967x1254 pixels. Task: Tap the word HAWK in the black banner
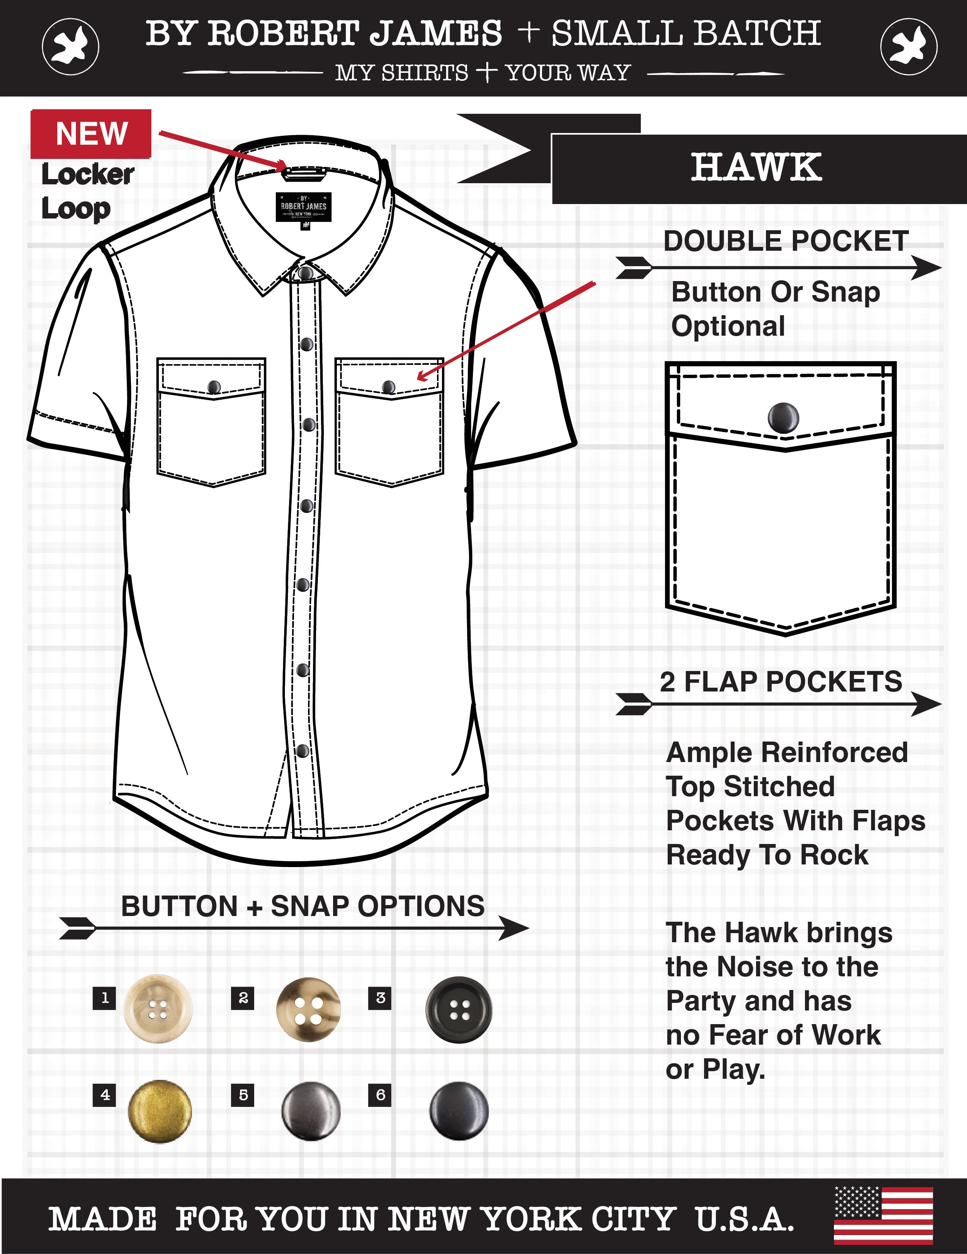click(756, 168)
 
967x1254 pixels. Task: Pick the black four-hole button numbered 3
click(459, 1010)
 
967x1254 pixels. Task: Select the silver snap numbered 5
click(311, 1111)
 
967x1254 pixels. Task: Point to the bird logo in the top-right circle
click(909, 46)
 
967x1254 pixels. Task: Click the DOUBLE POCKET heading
click(786, 241)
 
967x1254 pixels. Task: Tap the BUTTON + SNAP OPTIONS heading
click(303, 906)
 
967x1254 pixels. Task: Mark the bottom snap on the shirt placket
click(303, 750)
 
